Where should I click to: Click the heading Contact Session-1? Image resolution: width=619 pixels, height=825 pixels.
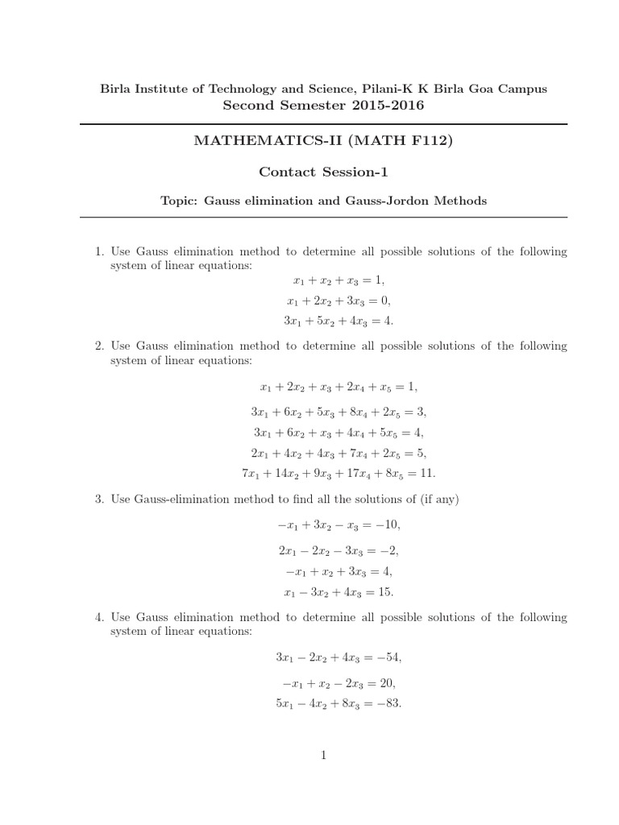pyautogui.click(x=324, y=172)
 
